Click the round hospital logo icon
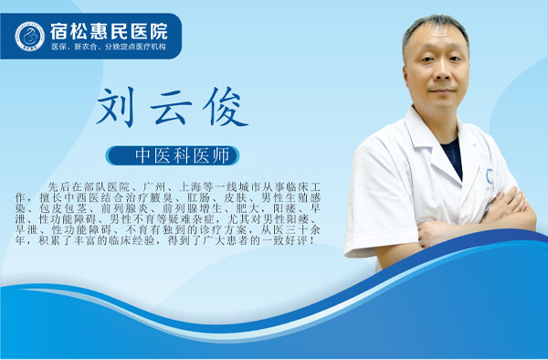coord(30,36)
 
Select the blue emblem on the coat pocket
coord(490,175)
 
